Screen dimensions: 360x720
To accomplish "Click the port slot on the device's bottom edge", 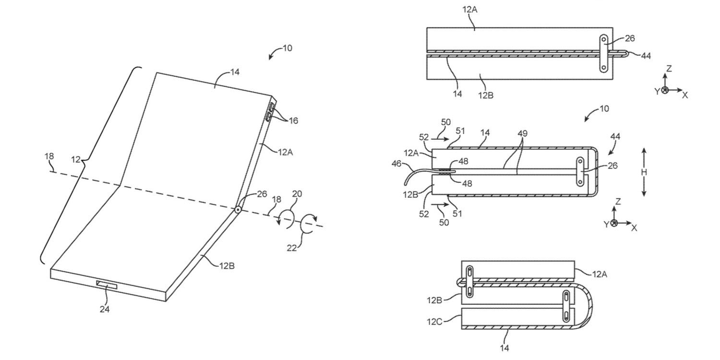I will (107, 286).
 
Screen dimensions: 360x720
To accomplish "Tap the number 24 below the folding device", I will (105, 310).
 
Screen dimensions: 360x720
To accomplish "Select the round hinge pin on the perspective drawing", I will (238, 209).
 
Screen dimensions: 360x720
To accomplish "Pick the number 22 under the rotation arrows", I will (292, 248).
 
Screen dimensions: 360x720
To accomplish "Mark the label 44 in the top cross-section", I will (646, 56).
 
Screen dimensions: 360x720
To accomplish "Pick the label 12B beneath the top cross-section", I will (485, 95).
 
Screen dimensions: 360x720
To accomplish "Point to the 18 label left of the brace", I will (49, 156).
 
